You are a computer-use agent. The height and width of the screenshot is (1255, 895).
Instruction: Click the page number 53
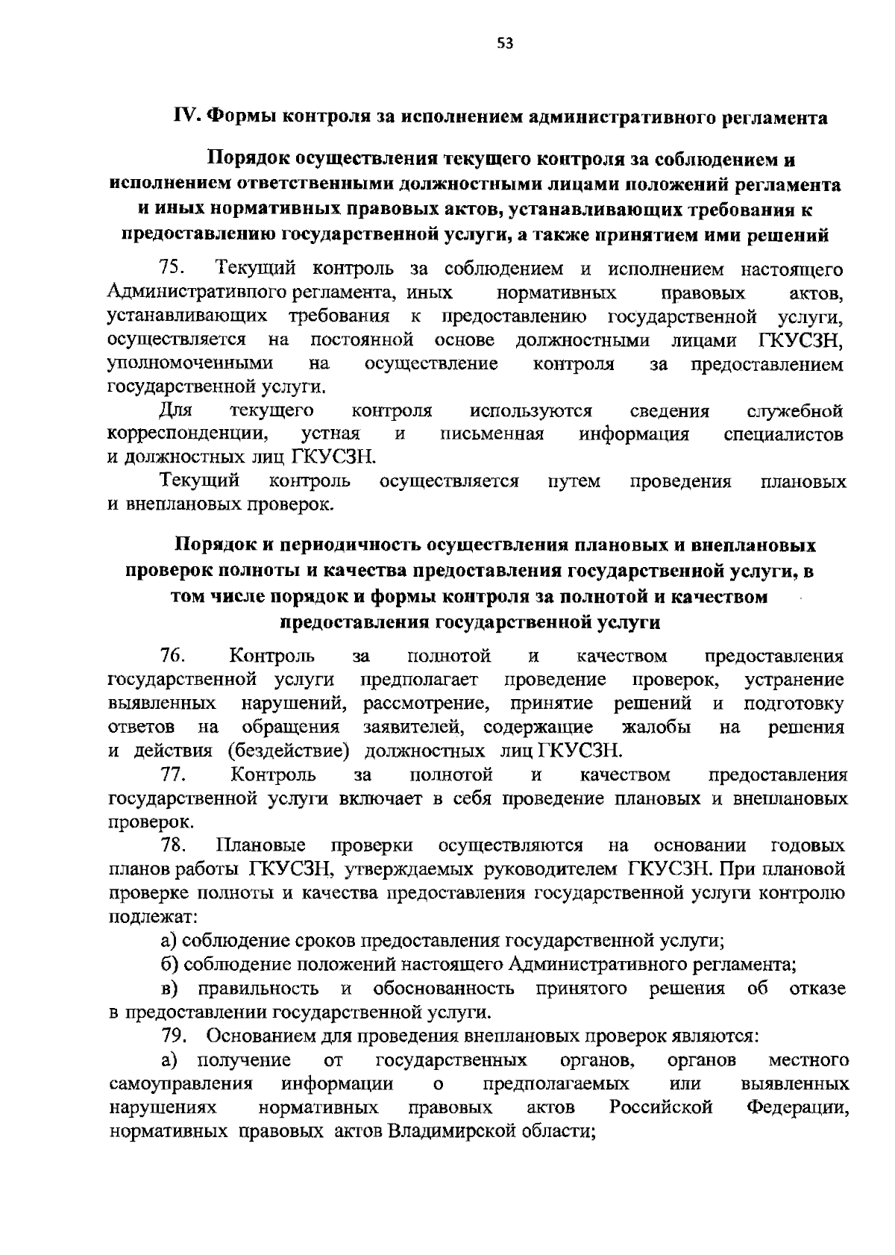pos(505,43)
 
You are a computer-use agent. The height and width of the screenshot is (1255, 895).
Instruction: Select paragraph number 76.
pos(172,656)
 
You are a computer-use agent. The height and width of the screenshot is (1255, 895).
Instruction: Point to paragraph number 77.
pos(172,774)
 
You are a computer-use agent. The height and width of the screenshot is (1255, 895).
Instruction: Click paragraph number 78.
pos(172,845)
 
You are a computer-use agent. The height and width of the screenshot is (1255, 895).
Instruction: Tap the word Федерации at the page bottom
pos(797,1107)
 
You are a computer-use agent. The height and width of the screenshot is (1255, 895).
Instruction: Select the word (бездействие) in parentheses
pos(289,751)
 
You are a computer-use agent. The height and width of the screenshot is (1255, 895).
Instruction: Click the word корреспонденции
pos(189,434)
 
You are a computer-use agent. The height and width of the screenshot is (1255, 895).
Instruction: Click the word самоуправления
pos(180,1083)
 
